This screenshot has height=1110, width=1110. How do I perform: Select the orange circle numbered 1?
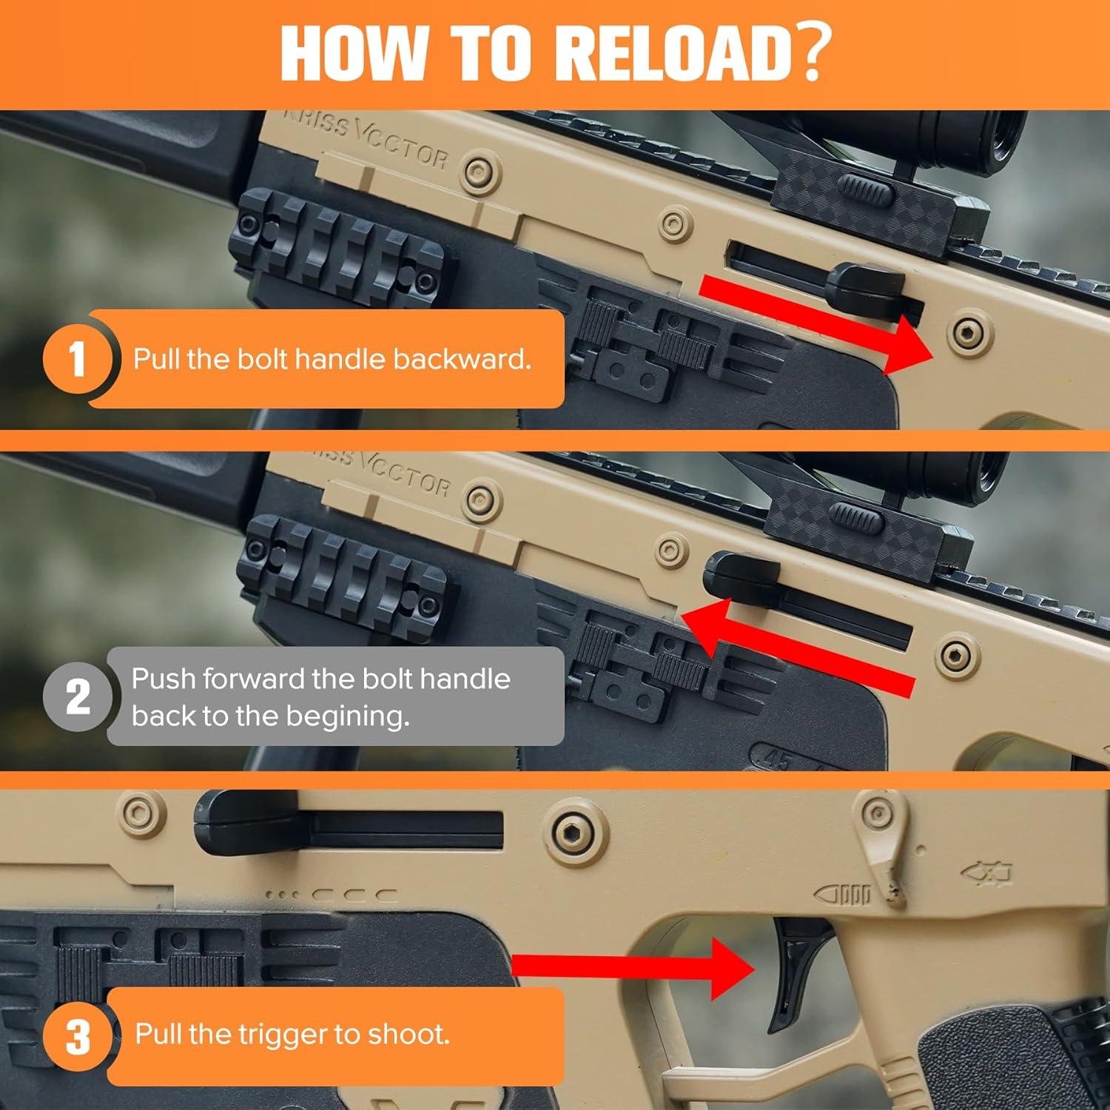77,358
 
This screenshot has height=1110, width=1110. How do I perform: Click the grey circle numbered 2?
77,696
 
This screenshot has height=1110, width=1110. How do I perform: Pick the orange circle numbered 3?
77,1036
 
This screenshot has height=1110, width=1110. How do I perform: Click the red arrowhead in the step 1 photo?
908,345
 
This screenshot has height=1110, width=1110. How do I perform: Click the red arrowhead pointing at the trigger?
733,968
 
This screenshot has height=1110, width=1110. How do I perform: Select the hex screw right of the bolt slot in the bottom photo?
570,830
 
